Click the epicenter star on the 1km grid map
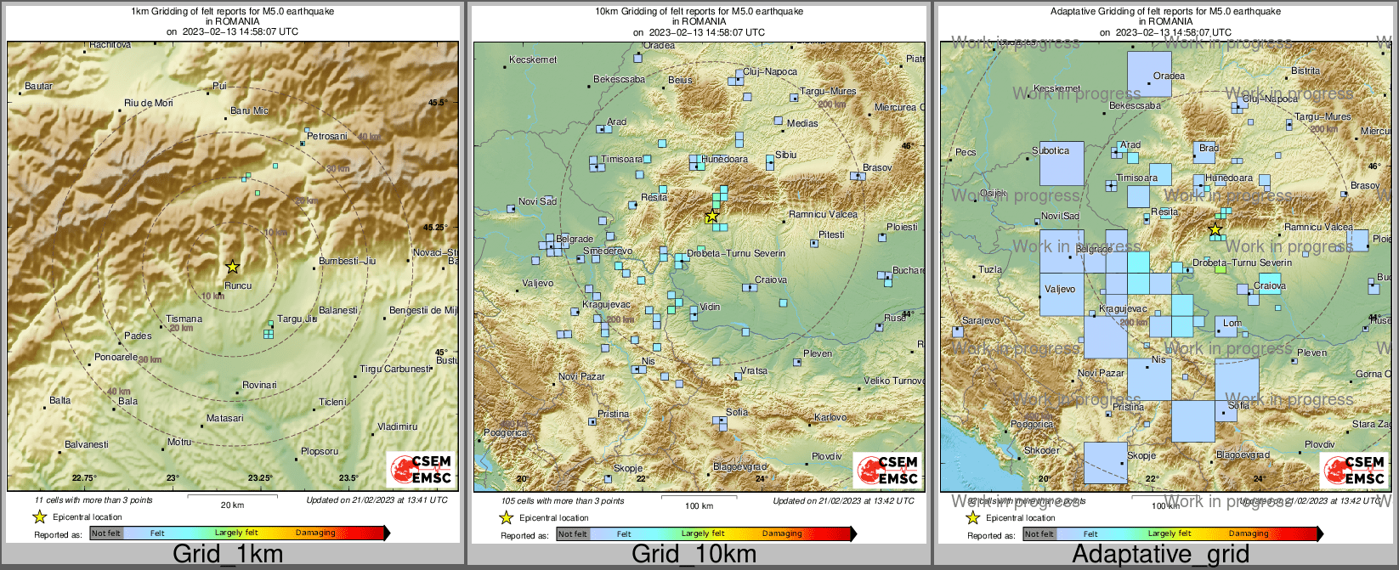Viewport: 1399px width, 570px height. click(233, 267)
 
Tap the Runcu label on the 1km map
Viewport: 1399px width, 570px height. click(238, 285)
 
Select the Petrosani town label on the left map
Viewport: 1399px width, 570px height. click(327, 136)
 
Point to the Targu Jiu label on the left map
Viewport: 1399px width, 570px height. click(297, 319)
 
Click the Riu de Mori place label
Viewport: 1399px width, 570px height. click(149, 103)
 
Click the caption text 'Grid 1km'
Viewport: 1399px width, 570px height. click(227, 555)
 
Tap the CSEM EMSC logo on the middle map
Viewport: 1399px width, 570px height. click(887, 470)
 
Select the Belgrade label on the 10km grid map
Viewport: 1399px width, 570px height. click(575, 239)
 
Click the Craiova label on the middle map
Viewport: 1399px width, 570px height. click(771, 279)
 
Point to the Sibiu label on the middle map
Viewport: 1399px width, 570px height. click(786, 155)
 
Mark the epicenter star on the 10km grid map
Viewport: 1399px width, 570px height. click(711, 217)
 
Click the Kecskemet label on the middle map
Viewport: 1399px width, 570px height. click(533, 59)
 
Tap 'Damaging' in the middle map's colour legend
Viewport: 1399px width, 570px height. click(782, 533)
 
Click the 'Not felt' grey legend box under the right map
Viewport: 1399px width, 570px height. click(1039, 533)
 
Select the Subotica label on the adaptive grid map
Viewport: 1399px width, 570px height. click(1051, 150)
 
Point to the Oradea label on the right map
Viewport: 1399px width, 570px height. click(1169, 76)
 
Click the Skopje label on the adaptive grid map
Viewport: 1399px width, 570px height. click(1141, 455)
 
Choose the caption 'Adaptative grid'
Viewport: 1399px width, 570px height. click(1160, 555)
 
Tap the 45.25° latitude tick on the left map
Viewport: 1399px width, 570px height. click(435, 227)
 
